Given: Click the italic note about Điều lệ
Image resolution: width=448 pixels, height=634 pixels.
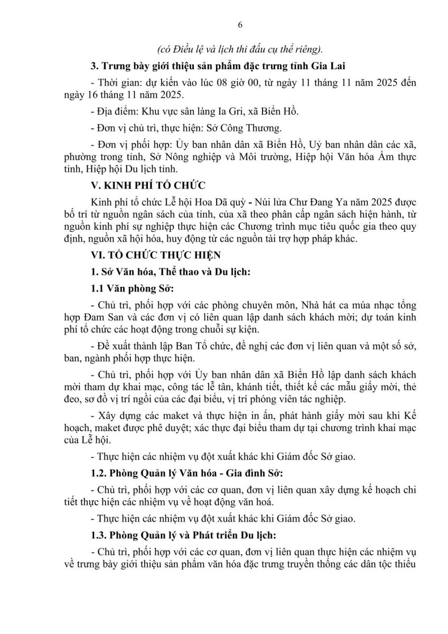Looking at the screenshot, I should (x=240, y=49).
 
